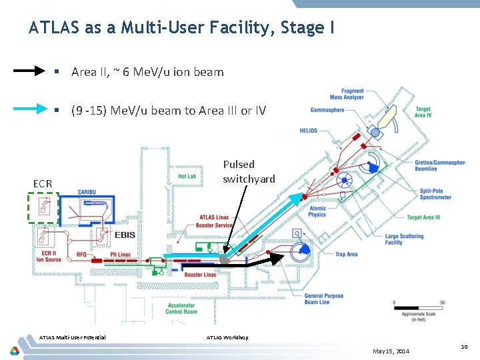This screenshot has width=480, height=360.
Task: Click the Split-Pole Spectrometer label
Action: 435,194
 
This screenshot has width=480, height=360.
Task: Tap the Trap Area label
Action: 347,254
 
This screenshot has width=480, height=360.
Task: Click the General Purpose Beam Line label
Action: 324,299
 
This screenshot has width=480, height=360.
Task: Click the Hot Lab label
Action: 187,177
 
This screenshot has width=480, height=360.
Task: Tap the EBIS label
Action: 125,235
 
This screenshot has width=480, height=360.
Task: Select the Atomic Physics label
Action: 317,211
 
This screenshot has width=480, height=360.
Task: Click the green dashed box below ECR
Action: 43,207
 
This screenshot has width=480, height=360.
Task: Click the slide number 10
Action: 464,347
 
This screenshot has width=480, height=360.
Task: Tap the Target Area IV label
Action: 423,112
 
